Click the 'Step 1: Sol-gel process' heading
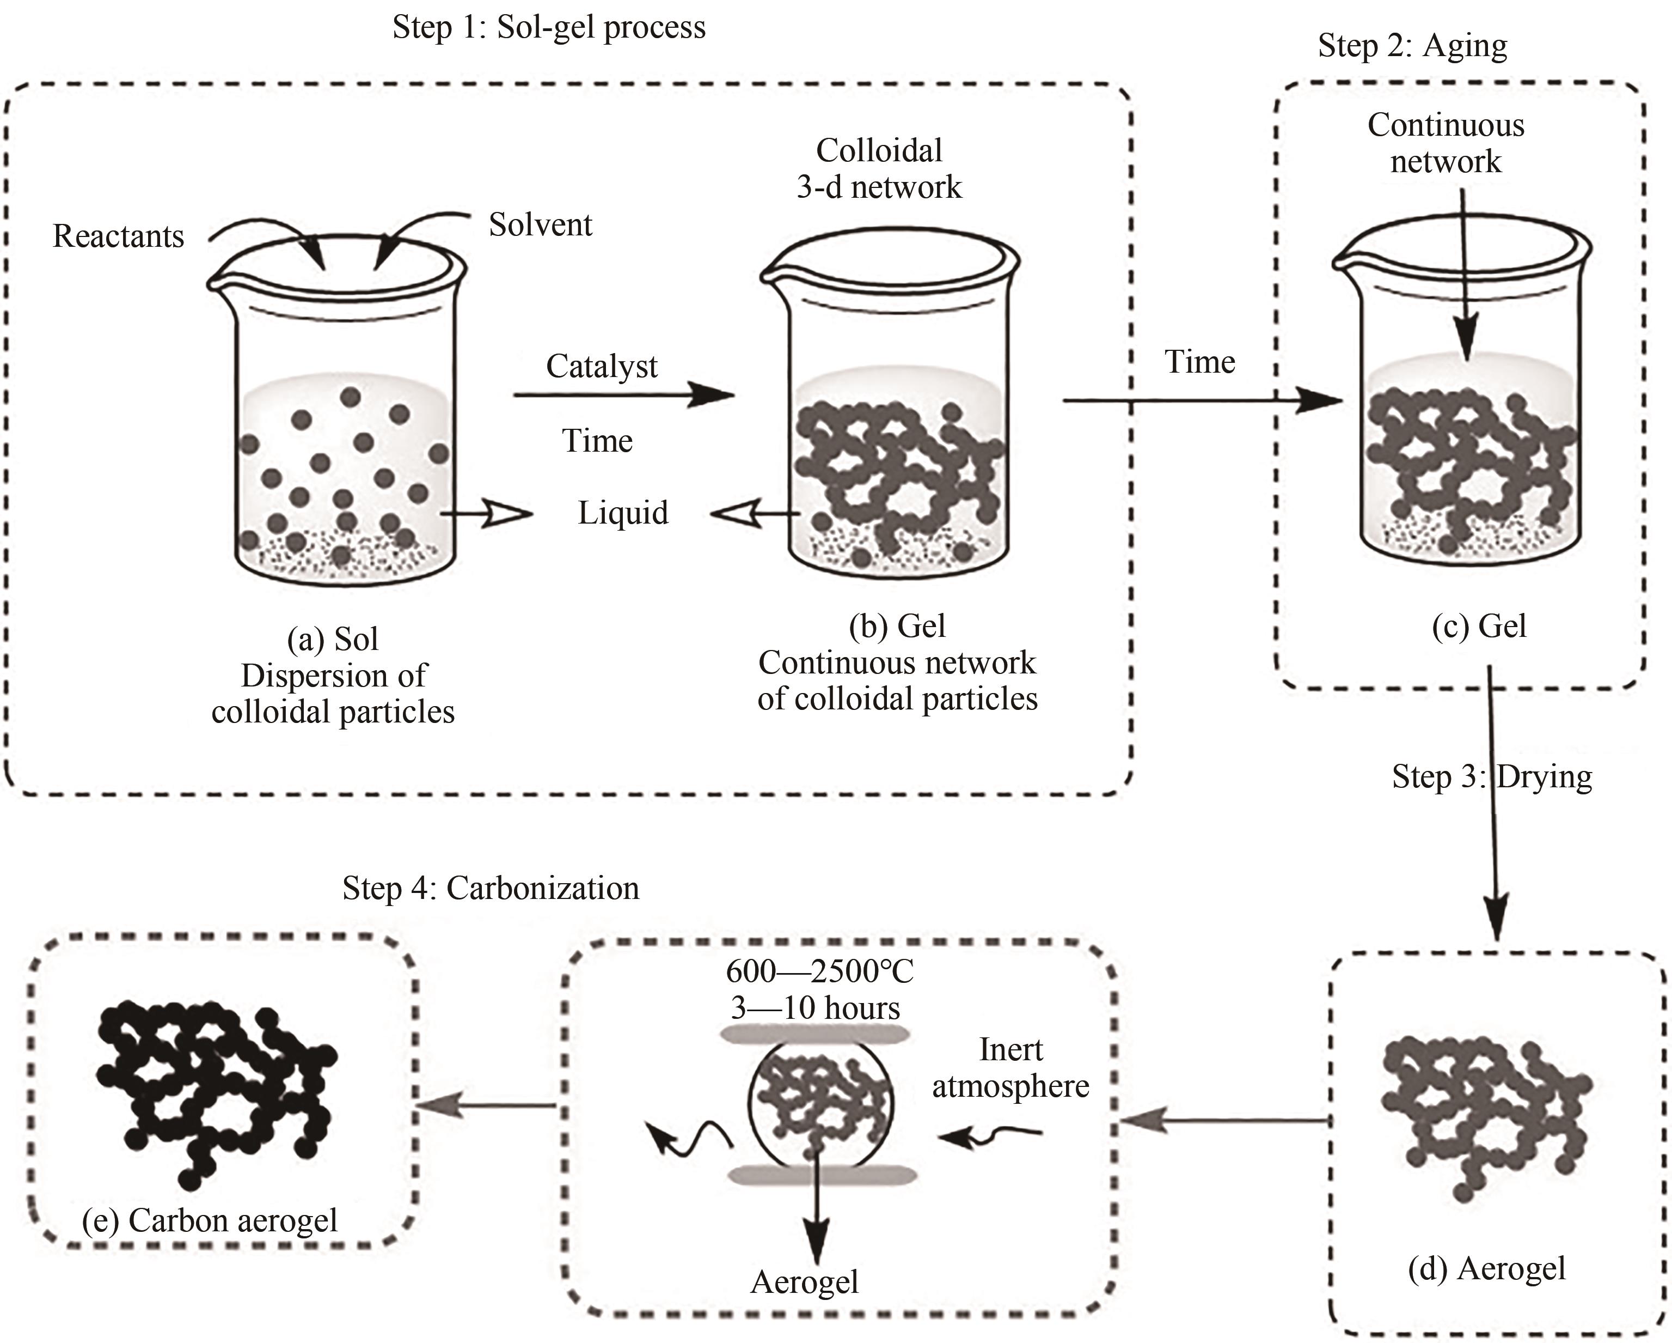pos(549,28)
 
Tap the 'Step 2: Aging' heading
pos(1412,46)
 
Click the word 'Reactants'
pos(119,236)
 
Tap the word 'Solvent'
pos(541,225)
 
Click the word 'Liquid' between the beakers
pos(623,513)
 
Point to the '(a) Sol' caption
pos(333,639)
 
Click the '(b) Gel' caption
pos(897,626)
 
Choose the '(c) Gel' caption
pos(1479,626)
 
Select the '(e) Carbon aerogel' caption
pos(210,1220)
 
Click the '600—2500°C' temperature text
pos(820,971)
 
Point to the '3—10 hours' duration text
pos(815,1008)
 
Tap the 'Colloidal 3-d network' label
pos(879,168)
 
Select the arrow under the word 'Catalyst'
pos(623,396)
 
